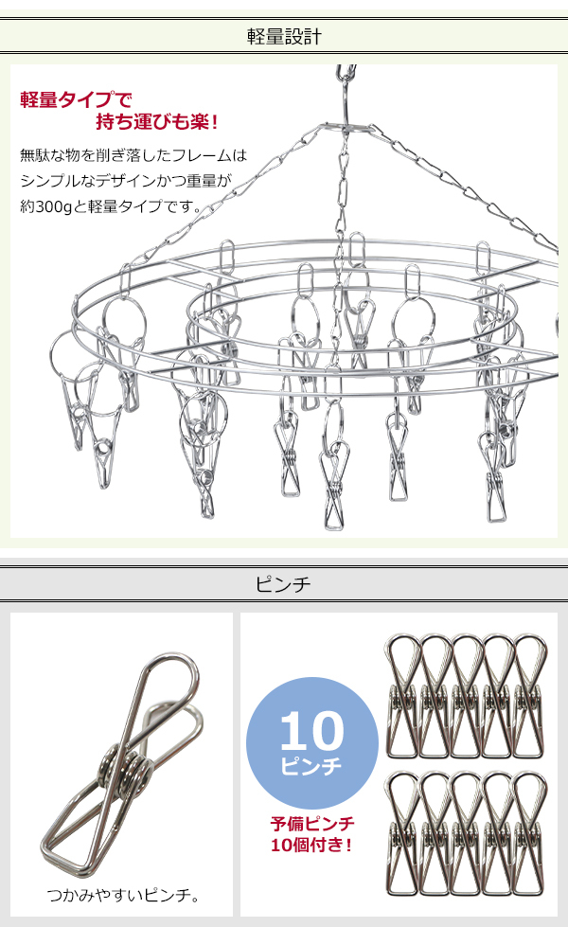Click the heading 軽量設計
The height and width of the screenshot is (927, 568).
284,37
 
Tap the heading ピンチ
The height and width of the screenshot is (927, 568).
283,584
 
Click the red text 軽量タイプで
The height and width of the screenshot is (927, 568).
77,99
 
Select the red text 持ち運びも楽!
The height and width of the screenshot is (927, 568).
157,122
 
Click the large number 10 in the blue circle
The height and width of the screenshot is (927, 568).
311,731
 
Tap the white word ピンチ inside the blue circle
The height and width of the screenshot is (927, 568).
311,766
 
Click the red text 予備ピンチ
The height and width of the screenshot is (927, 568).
312,823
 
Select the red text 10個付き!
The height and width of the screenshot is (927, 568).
311,845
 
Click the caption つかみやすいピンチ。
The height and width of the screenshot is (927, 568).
123,895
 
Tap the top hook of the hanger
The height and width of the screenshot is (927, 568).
346,74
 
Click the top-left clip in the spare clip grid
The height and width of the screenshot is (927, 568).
403,696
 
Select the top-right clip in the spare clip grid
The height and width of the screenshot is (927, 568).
529,696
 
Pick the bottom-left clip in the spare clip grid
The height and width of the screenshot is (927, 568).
403,833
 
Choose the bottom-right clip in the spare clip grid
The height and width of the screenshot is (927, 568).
529,833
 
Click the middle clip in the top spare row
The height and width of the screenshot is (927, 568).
467,696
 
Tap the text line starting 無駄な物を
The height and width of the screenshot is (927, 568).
133,155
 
